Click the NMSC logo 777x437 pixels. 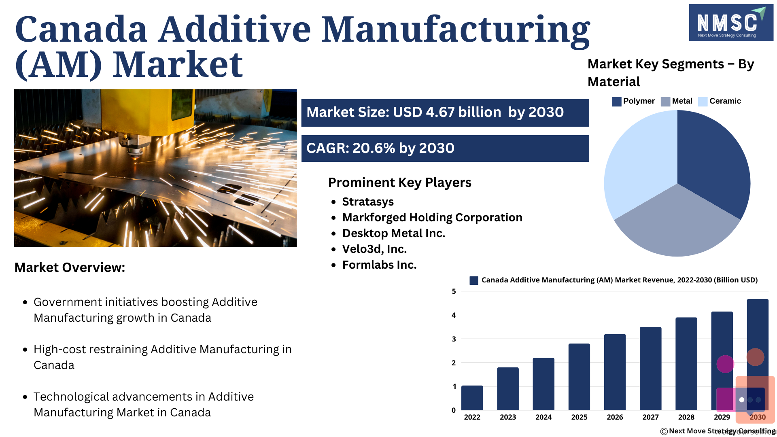[x=731, y=23]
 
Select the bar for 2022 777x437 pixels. [x=472, y=398]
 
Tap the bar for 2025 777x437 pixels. [x=579, y=377]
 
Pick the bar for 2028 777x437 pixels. [x=686, y=364]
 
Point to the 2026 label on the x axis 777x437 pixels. [x=615, y=417]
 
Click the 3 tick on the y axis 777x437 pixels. [x=454, y=339]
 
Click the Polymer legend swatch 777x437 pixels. [x=616, y=102]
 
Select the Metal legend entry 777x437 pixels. [x=676, y=101]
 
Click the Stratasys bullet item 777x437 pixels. [x=368, y=202]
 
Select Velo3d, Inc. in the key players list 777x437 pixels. [x=374, y=249]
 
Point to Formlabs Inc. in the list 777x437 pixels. [x=379, y=265]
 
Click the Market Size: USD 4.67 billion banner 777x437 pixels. [x=445, y=113]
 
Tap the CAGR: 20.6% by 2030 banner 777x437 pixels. [x=445, y=148]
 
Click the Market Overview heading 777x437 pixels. [x=70, y=267]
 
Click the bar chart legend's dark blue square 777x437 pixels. [x=474, y=280]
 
